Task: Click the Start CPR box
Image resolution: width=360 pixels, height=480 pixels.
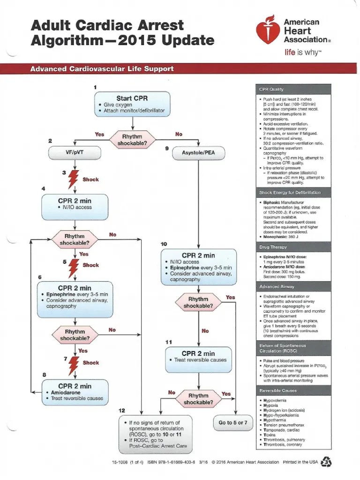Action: coord(134,104)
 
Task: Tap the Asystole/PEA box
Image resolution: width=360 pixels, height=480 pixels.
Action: coord(199,152)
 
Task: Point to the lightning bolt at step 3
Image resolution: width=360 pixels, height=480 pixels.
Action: coord(74,179)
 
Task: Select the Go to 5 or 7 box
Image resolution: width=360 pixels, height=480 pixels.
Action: coord(233,422)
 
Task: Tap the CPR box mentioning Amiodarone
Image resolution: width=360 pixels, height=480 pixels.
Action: coord(75,392)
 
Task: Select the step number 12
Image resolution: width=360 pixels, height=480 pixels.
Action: coord(122,410)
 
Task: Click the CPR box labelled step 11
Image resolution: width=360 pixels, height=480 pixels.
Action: coord(198,357)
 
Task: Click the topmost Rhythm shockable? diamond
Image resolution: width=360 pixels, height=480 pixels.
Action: coord(133,139)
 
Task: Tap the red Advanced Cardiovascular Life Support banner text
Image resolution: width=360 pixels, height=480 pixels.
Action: coord(102,69)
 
